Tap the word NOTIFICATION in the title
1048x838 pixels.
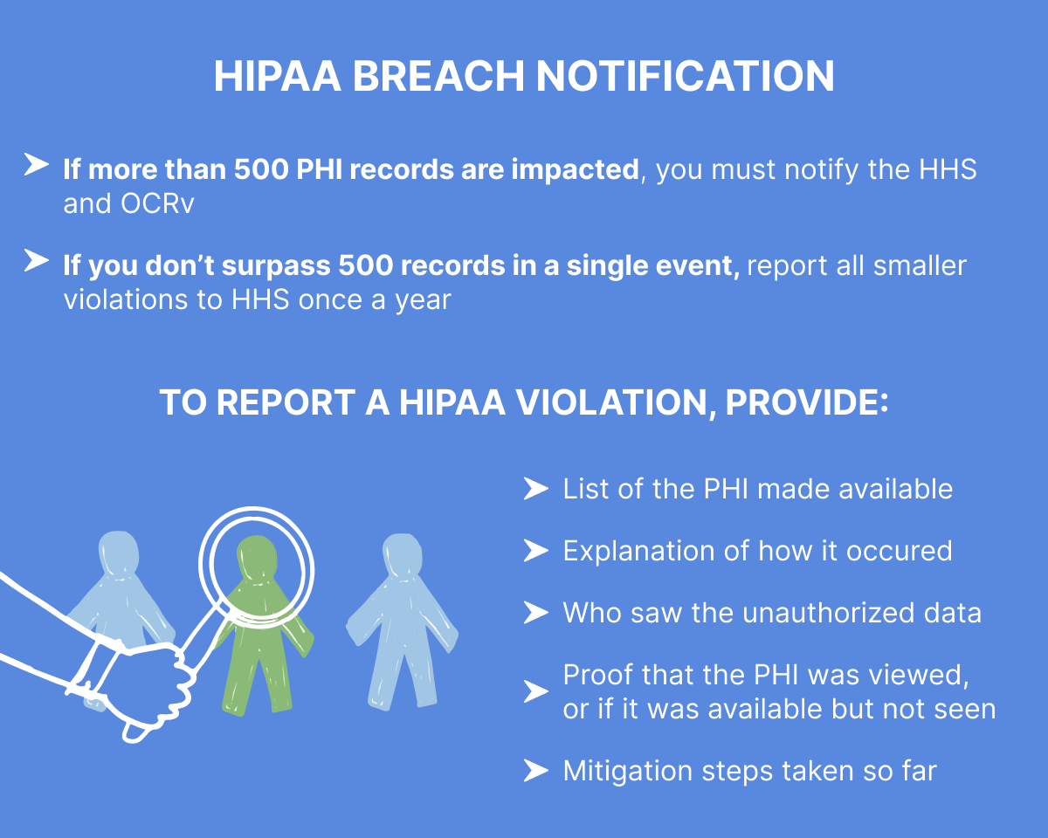686,76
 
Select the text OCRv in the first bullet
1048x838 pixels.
157,203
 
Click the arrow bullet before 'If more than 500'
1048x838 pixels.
37,164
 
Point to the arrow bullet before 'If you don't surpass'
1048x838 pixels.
37,260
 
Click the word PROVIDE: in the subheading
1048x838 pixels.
807,402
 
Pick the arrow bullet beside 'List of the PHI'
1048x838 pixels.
536,488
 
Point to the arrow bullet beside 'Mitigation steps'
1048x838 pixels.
536,770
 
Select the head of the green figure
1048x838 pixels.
257,558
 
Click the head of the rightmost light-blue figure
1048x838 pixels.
403,556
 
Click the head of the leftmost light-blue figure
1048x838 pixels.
119,553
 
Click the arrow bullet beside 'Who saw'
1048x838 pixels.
536,613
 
